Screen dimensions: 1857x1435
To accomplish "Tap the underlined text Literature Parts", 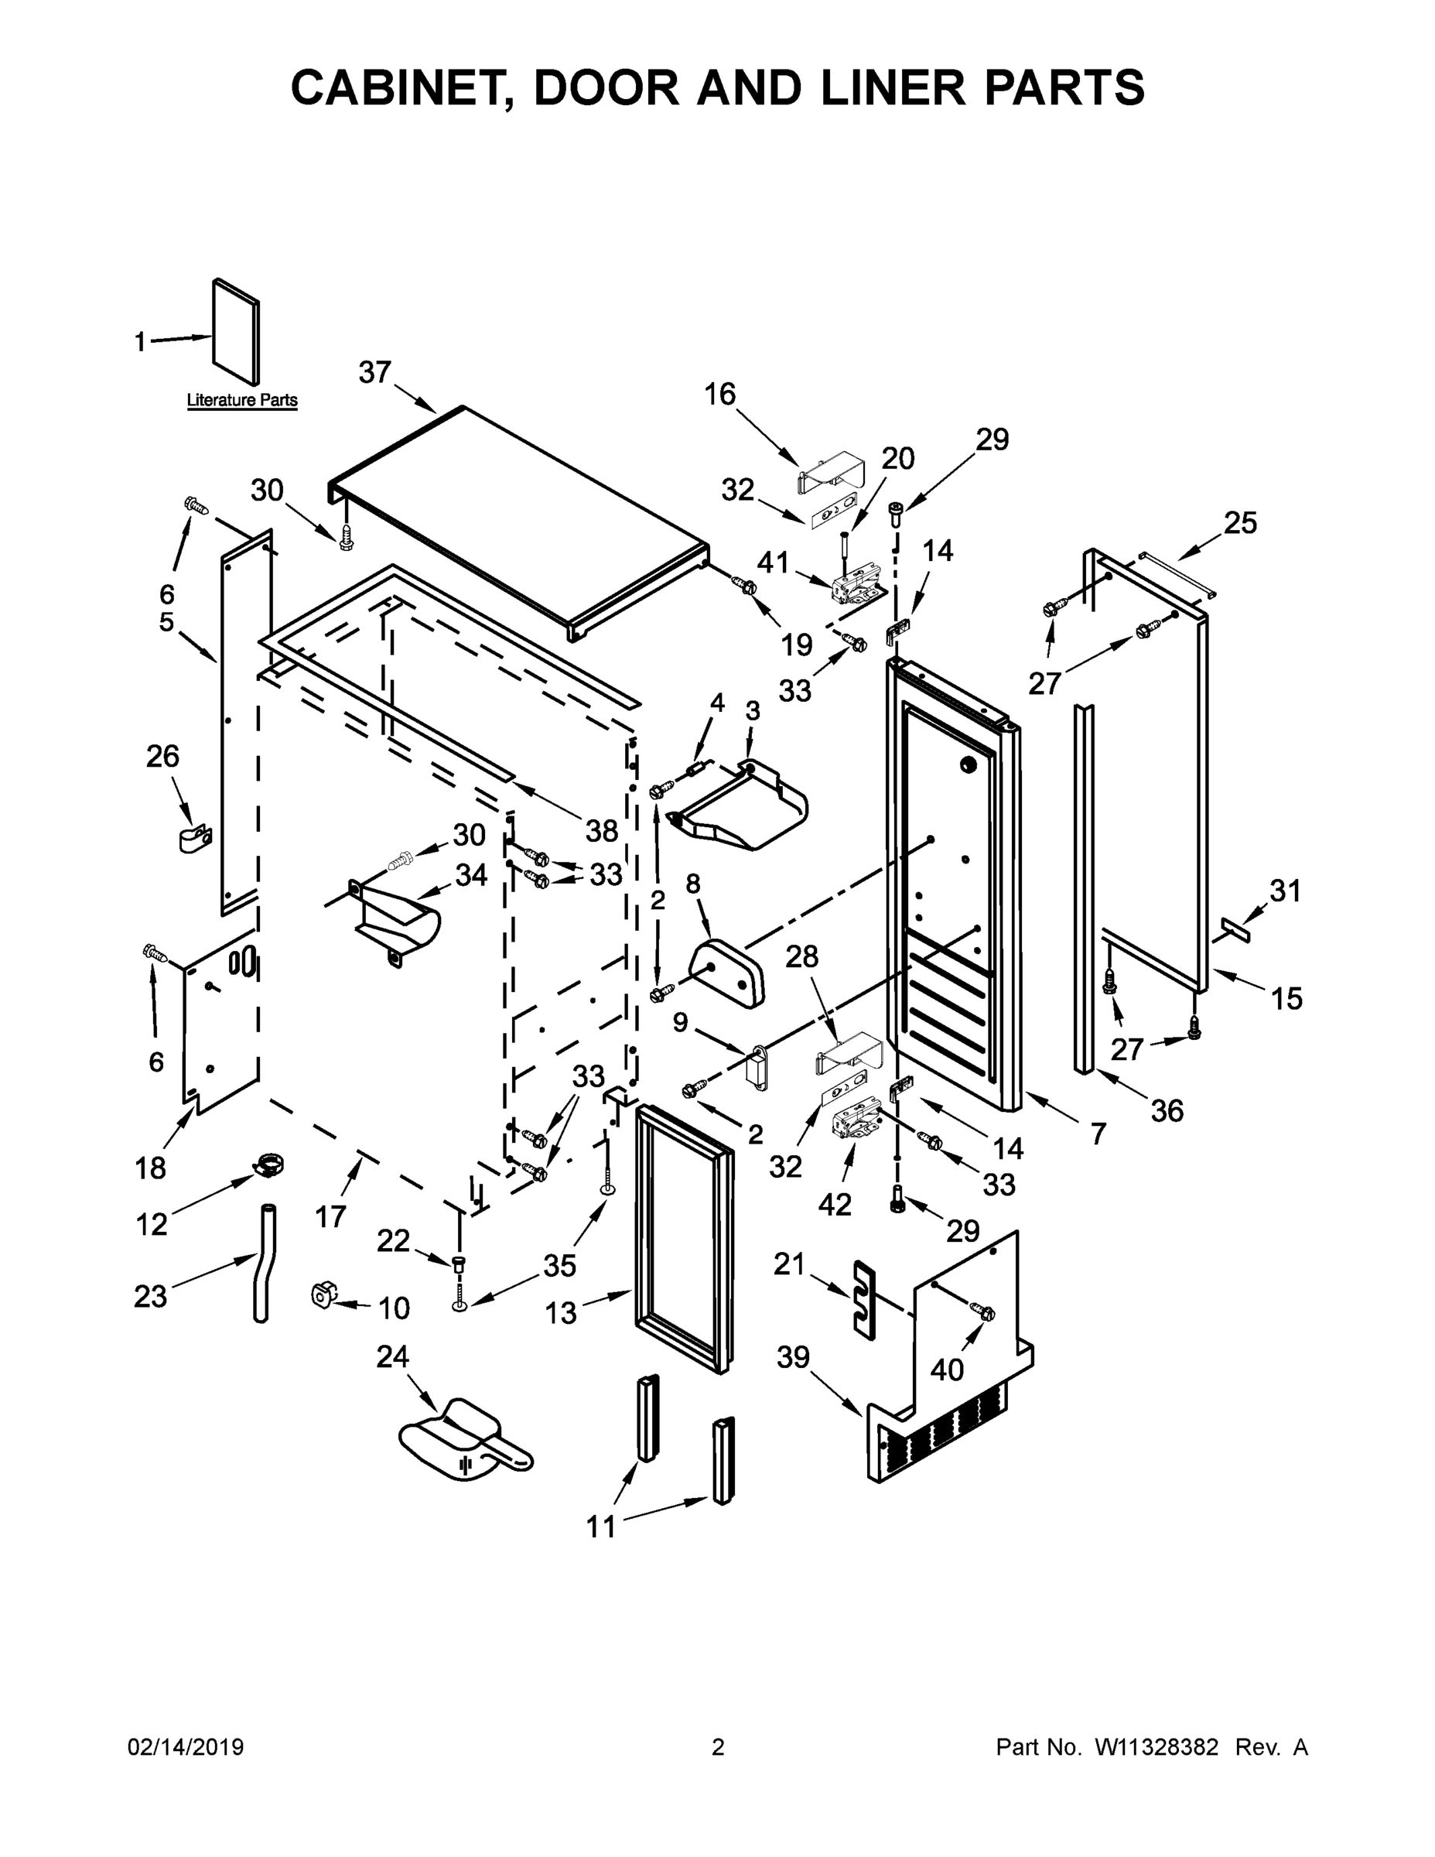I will tap(242, 399).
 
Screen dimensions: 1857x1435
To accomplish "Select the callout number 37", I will tap(374, 372).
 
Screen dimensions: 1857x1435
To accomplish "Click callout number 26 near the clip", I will tap(163, 756).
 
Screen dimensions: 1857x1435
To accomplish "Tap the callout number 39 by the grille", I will tap(792, 1358).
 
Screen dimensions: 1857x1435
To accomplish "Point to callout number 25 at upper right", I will tap(1239, 523).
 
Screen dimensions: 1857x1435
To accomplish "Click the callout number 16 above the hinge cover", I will tap(720, 395).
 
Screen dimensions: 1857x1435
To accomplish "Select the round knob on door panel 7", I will tap(966, 764).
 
